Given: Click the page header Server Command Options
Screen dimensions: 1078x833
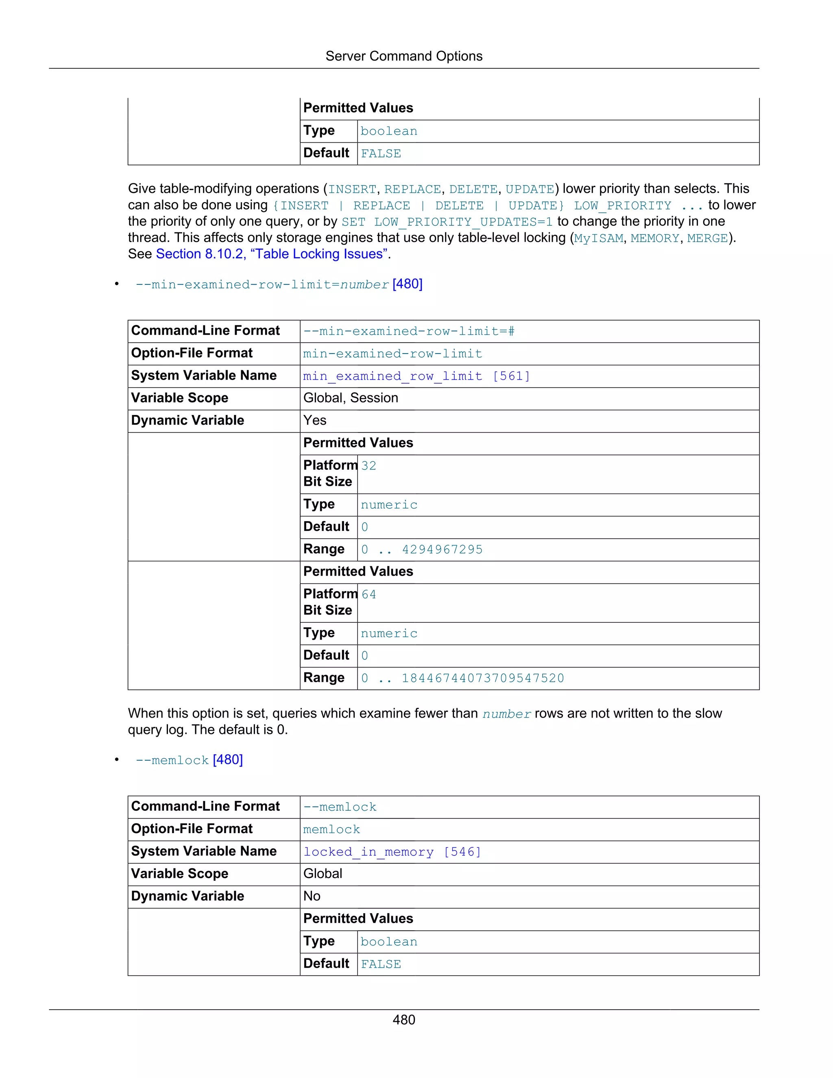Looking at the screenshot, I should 403,56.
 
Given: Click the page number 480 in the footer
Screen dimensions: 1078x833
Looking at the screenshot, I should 403,1020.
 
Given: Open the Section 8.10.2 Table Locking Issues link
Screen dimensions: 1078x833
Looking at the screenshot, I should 273,254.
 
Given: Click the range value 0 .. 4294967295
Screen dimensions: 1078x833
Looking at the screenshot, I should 422,549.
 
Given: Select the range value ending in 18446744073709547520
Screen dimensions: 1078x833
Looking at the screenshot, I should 462,678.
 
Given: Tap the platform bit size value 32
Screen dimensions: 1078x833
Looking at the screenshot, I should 369,466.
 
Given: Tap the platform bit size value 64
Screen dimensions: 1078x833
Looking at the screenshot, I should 369,594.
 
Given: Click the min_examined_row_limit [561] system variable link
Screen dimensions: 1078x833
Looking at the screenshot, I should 416,376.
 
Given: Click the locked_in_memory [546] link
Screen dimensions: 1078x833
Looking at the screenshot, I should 392,852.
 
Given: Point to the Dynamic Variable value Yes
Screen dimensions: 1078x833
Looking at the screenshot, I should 315,420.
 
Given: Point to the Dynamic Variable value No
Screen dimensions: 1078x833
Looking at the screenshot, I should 312,896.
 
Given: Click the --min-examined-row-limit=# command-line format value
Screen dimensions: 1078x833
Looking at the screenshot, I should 409,331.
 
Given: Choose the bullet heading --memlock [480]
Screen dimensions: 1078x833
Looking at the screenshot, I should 189,760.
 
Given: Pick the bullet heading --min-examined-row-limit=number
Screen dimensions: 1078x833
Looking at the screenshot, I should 279,284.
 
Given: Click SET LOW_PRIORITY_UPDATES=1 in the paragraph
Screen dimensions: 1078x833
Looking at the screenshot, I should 447,222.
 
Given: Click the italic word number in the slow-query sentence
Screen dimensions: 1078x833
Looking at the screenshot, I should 506,714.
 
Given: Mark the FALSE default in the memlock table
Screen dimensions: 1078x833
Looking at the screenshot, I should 380,964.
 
